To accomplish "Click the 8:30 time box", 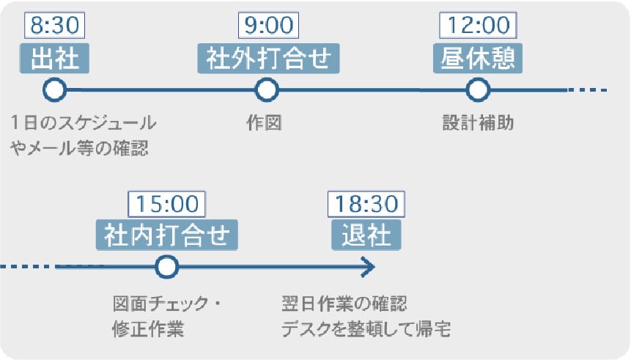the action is click(55, 26).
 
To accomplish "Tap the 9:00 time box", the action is click(268, 26).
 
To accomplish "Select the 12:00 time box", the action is click(478, 26).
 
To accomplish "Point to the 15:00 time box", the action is click(166, 204).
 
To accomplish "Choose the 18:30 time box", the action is click(366, 204).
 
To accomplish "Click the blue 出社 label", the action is click(54, 59).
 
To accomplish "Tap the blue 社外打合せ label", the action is click(268, 59).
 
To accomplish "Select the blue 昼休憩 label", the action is click(478, 59).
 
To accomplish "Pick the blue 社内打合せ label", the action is click(166, 235).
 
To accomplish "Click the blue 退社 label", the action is click(366, 235).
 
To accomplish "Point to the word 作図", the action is click(264, 123).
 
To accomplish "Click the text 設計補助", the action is click(478, 123).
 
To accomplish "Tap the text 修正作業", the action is click(148, 329).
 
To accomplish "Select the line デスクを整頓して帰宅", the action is click(366, 329).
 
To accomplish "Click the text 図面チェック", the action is click(160, 304).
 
